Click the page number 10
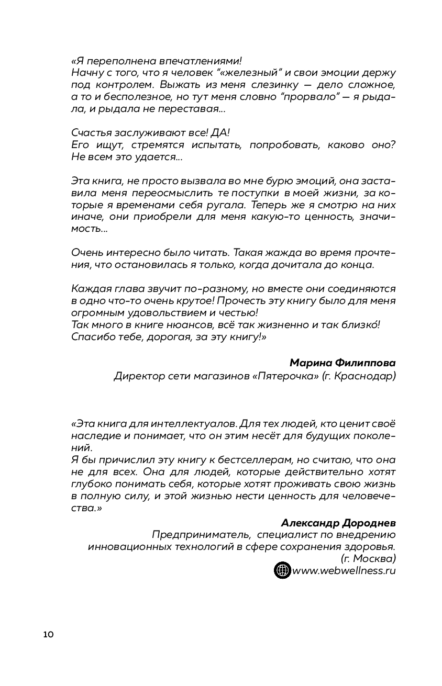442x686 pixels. [48, 635]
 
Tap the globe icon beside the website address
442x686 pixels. [282, 570]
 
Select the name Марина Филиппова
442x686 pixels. [342, 363]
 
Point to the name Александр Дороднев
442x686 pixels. [338, 523]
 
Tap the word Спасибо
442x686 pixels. [90, 337]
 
